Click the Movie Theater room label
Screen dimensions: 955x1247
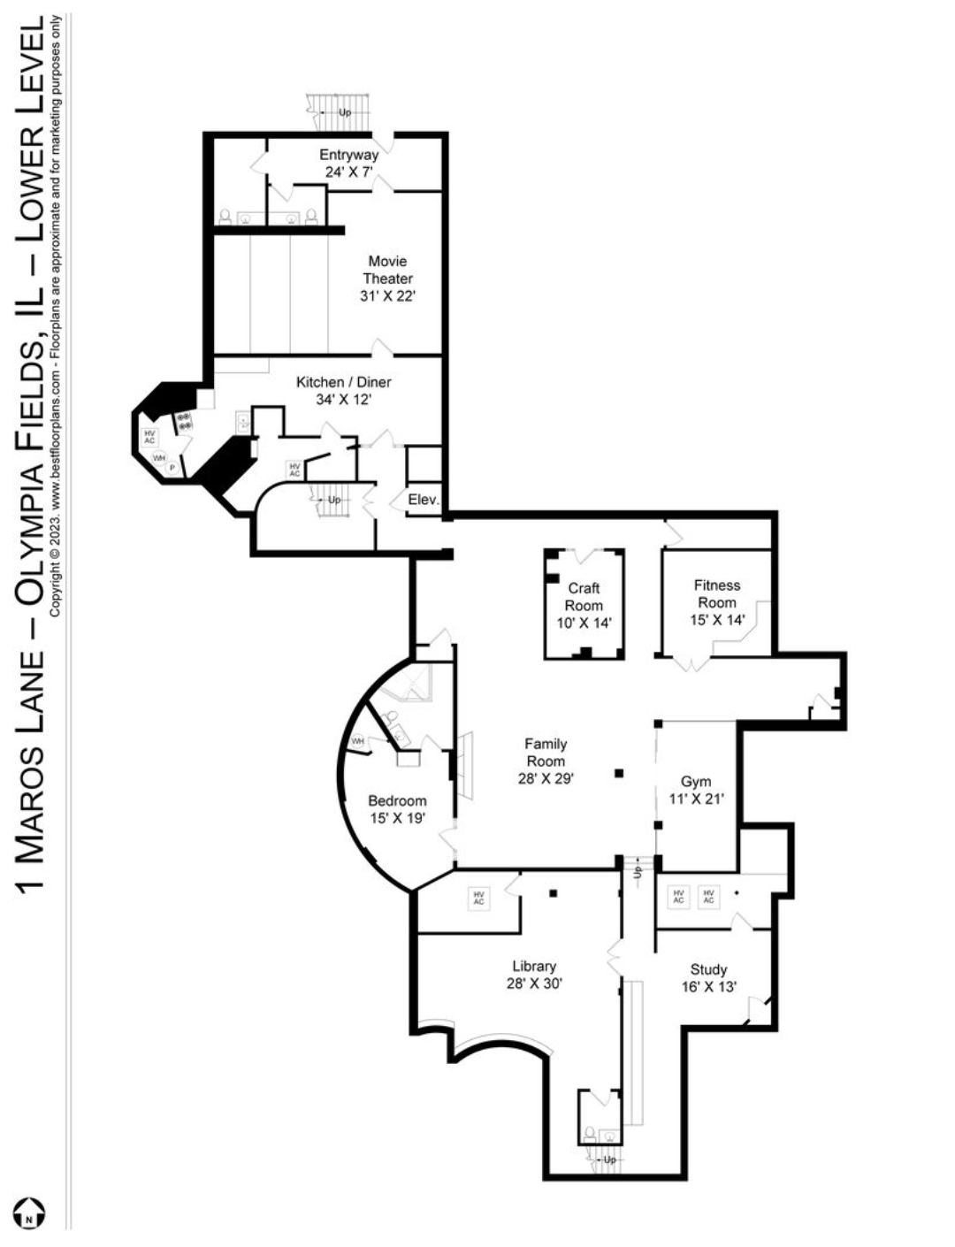click(x=387, y=279)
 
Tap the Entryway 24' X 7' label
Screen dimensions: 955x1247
click(x=348, y=163)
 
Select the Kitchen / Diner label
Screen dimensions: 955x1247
click(x=344, y=390)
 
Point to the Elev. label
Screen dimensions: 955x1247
click(x=424, y=500)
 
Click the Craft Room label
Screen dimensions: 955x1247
click(x=584, y=605)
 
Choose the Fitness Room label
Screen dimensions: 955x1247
click(x=717, y=602)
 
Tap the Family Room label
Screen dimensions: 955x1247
click(x=546, y=761)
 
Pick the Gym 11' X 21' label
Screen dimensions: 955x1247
click(x=696, y=790)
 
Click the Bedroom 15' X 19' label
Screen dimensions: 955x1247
click(x=397, y=809)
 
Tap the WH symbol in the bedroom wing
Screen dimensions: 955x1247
click(x=358, y=741)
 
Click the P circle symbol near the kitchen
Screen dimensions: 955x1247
click(x=172, y=468)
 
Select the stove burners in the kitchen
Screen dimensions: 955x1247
click(x=184, y=422)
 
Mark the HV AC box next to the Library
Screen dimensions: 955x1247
click(x=478, y=898)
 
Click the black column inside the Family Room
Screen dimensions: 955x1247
click(x=618, y=773)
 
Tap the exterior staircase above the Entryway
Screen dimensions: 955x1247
click(x=339, y=112)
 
